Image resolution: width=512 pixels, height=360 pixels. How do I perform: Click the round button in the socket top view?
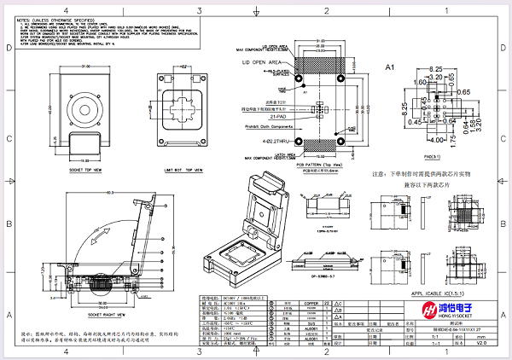click(x=88, y=110)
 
